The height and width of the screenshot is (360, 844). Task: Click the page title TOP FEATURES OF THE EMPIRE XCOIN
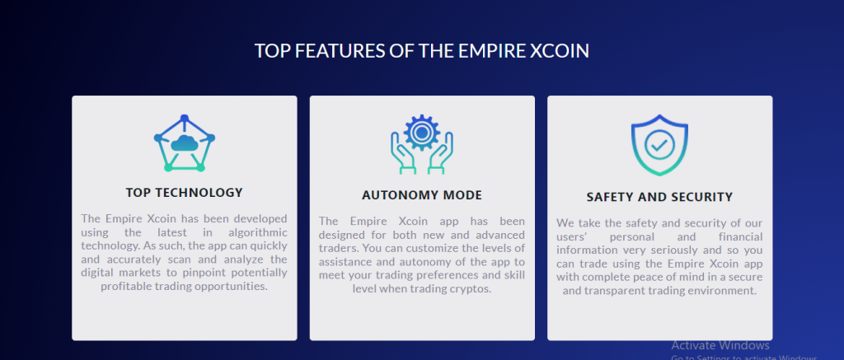(x=421, y=50)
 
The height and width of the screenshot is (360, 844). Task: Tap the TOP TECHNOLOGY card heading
(x=184, y=192)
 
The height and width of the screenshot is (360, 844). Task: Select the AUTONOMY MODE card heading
(x=422, y=194)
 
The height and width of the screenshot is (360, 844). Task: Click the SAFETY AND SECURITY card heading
(x=659, y=197)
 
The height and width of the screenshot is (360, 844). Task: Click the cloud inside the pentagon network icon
(x=184, y=143)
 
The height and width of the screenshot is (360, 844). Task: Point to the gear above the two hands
(x=422, y=133)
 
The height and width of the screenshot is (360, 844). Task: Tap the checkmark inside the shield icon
(x=659, y=144)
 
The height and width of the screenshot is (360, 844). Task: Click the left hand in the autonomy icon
(x=403, y=153)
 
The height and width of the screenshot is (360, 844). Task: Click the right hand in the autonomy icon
(x=441, y=153)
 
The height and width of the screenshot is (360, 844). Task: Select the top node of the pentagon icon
(x=184, y=118)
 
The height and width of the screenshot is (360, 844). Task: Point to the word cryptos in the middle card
(x=473, y=289)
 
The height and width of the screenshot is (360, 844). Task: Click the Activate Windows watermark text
(x=720, y=345)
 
